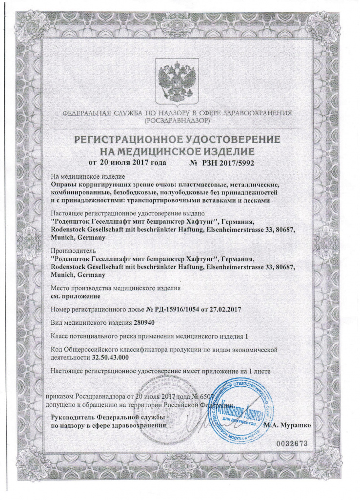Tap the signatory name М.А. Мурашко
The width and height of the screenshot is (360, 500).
click(x=287, y=425)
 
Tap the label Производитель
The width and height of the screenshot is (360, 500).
click(x=71, y=251)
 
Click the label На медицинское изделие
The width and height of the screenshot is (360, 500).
click(x=88, y=176)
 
